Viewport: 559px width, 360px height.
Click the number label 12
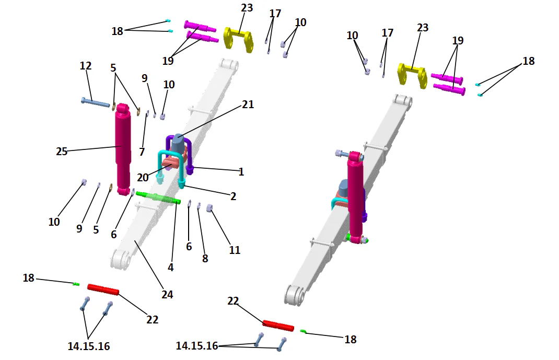86,66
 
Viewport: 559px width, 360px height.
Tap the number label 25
62,152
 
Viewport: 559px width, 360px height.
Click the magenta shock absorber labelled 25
123,149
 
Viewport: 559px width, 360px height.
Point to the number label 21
248,104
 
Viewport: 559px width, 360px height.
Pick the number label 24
167,295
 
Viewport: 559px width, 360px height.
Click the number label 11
235,250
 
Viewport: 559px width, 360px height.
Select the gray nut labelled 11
210,208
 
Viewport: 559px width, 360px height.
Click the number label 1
241,172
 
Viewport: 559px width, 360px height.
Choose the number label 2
233,196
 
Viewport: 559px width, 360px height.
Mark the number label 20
143,178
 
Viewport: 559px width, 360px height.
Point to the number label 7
142,152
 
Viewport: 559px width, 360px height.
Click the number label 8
205,258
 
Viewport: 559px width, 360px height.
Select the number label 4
170,267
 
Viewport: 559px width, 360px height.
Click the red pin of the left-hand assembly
103,289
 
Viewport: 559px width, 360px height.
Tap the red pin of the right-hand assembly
278,326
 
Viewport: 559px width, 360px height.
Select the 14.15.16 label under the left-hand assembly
89,346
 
